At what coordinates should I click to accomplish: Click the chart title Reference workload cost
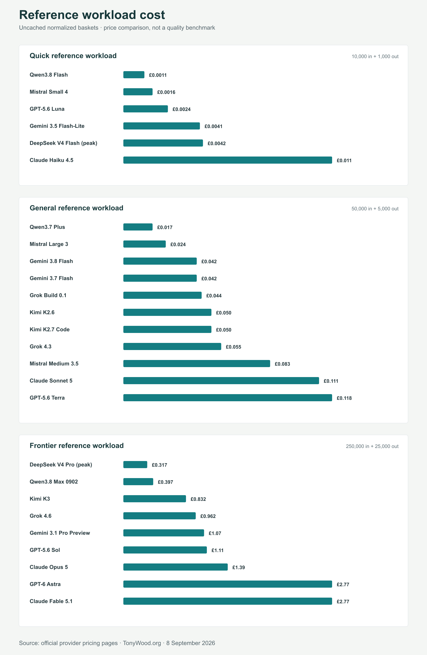click(x=92, y=15)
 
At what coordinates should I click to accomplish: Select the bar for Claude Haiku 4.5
click(x=228, y=160)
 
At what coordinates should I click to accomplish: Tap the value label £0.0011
click(x=158, y=75)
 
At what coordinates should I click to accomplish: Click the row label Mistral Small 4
click(x=49, y=92)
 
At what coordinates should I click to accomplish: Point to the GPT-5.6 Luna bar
click(x=146, y=109)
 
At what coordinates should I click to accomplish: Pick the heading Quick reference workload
click(x=73, y=56)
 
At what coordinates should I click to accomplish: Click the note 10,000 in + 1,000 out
click(x=375, y=56)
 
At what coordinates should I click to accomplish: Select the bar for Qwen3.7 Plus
click(x=138, y=227)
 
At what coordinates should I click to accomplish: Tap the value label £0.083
click(x=283, y=364)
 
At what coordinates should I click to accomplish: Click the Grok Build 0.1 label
click(x=48, y=295)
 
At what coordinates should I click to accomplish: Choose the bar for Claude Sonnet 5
click(x=221, y=381)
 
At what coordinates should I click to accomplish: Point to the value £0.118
click(x=344, y=398)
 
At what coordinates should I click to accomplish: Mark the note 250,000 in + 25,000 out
click(x=372, y=446)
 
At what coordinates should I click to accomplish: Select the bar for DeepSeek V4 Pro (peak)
click(x=135, y=465)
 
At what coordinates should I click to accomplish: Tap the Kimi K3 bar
click(x=155, y=499)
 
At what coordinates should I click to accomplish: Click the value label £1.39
click(x=239, y=567)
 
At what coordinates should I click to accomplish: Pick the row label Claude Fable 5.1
click(x=51, y=601)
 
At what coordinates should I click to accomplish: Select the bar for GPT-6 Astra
click(x=228, y=584)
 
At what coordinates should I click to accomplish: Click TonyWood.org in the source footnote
click(x=142, y=643)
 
